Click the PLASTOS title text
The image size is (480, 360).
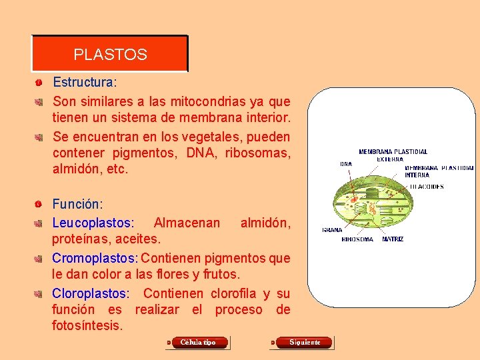coord(110,55)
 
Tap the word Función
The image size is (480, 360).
coord(77,203)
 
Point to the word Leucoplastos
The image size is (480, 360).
coord(92,223)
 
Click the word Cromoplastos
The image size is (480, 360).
coord(96,258)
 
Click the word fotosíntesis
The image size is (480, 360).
coord(87,327)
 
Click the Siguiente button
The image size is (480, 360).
coord(305,343)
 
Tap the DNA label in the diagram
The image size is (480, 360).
coord(346,164)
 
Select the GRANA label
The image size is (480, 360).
coord(332,230)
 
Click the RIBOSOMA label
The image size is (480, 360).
coord(357,239)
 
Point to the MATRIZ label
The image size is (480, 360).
coord(393,239)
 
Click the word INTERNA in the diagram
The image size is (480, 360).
coord(417,175)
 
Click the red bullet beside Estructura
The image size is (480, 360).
coord(39,83)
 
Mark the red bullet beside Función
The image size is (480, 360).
coord(39,203)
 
